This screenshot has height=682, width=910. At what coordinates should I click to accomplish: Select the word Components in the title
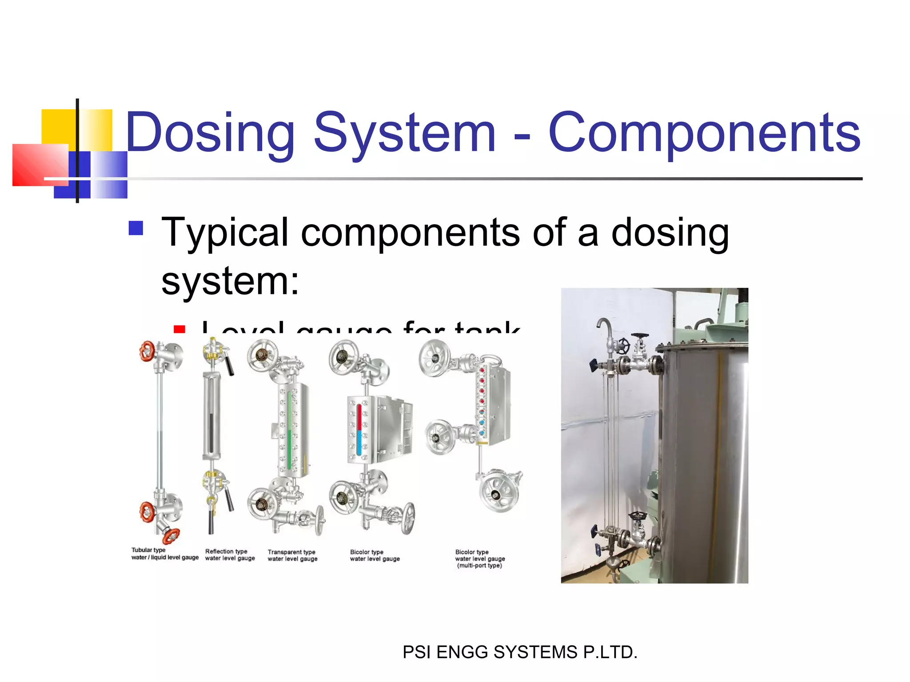704,133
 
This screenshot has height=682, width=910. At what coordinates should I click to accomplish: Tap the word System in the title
404,133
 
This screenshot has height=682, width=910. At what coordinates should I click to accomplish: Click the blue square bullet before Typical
136,228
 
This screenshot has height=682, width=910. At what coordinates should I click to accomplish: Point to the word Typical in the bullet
225,233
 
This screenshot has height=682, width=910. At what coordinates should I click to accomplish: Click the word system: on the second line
230,282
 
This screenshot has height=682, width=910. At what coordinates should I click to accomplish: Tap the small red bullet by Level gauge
180,329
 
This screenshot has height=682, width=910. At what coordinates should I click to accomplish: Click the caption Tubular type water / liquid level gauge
164,554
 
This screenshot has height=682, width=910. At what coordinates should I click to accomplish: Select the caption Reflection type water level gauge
230,555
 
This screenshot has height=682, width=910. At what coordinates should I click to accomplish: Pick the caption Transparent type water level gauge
292,555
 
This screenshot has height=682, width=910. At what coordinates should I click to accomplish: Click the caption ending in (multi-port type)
480,559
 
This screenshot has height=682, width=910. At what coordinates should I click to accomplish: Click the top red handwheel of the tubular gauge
147,351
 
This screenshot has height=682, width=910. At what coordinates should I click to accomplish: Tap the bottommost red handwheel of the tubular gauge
171,536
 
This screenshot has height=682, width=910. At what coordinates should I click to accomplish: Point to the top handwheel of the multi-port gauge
435,358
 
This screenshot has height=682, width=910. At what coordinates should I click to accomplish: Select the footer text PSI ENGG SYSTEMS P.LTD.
520,652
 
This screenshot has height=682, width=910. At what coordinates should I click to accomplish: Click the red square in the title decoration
40,165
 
